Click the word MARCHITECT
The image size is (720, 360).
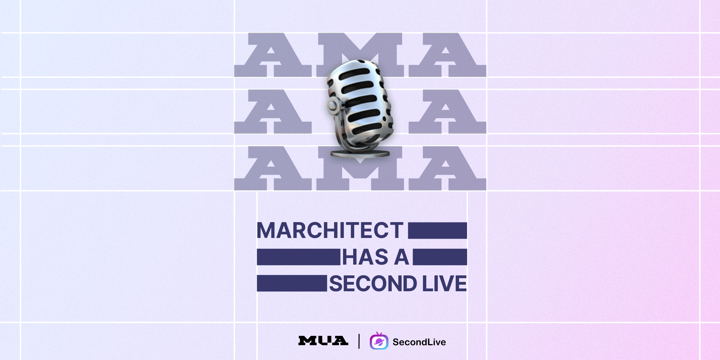(330, 230)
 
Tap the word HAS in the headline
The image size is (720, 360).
(365, 257)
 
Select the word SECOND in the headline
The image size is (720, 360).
(373, 283)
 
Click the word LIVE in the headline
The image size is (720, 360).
(445, 283)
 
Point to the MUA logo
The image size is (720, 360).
(323, 341)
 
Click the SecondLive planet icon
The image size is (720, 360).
(379, 341)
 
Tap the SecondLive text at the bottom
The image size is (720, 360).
(419, 342)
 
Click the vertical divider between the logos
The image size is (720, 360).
(359, 341)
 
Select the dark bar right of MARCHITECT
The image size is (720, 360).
(437, 230)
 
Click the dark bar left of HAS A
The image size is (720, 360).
(298, 257)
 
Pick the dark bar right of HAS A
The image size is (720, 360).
(440, 257)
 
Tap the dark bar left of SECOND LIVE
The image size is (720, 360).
(292, 283)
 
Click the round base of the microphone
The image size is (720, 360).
(360, 154)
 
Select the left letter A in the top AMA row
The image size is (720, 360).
(273, 55)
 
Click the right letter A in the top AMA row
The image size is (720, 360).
(447, 55)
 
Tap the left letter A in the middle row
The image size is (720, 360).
(273, 112)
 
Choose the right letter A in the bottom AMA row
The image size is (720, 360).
(447, 168)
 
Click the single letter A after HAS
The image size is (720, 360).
(401, 257)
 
